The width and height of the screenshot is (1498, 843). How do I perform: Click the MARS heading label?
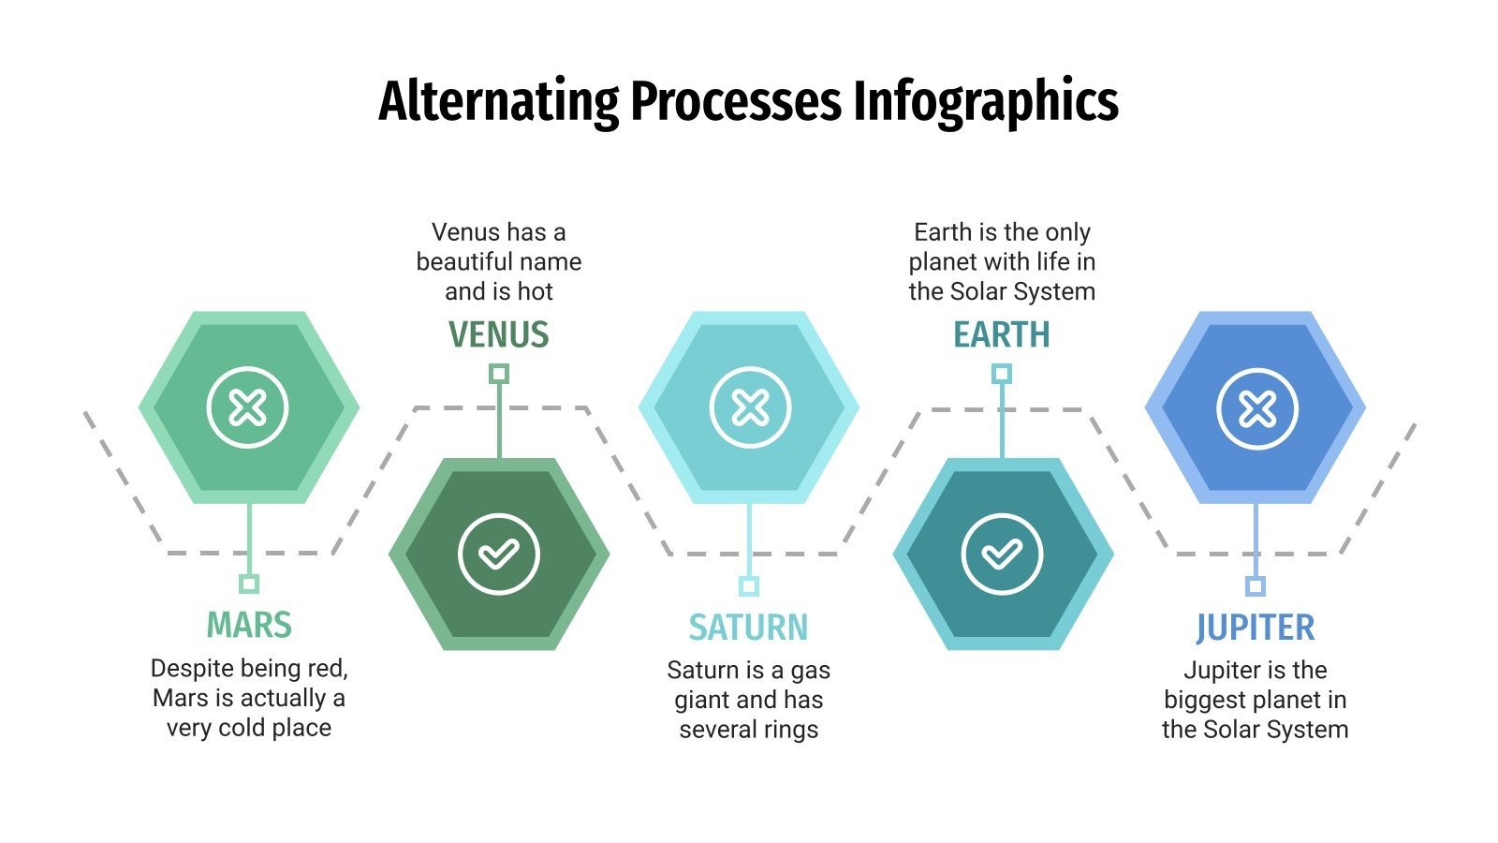pos(249,625)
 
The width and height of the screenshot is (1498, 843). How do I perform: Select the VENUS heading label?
pos(499,334)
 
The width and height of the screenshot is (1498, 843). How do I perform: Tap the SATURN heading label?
pos(748,627)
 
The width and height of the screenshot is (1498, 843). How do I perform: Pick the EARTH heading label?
pos(1001,334)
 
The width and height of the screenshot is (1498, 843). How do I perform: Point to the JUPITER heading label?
pos(1255,627)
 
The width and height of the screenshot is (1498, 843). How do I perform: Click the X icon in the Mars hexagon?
pos(248,407)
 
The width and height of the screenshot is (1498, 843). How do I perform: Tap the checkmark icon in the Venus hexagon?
pos(499,554)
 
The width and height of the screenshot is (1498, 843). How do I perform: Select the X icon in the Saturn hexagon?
pos(750,407)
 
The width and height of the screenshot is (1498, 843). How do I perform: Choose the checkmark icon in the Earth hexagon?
pos(1001,554)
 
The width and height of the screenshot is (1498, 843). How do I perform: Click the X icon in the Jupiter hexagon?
pos(1256,408)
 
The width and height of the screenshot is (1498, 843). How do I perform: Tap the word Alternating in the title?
pos(499,102)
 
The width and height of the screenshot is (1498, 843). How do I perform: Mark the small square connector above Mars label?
pos(248,584)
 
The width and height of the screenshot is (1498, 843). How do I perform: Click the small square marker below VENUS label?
pos(499,374)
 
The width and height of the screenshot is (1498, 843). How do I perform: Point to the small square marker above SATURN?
pos(748,586)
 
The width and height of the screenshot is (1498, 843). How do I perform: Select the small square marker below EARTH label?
pos(1001,374)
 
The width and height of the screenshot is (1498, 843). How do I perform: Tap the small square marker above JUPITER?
pos(1256,586)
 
